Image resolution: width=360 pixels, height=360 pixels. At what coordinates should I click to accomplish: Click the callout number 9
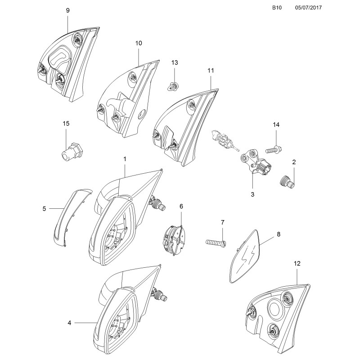click(x=67, y=10)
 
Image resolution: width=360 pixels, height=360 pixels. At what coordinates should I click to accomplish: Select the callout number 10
click(x=138, y=43)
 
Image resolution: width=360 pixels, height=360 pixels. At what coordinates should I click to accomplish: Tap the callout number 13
click(x=175, y=62)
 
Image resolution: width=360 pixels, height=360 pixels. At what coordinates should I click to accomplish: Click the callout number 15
click(x=66, y=123)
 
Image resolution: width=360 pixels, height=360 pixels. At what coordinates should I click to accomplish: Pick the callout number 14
click(x=276, y=124)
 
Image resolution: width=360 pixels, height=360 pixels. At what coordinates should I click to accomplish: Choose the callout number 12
click(x=297, y=262)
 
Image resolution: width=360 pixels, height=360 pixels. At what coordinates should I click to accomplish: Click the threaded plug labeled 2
click(x=286, y=181)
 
